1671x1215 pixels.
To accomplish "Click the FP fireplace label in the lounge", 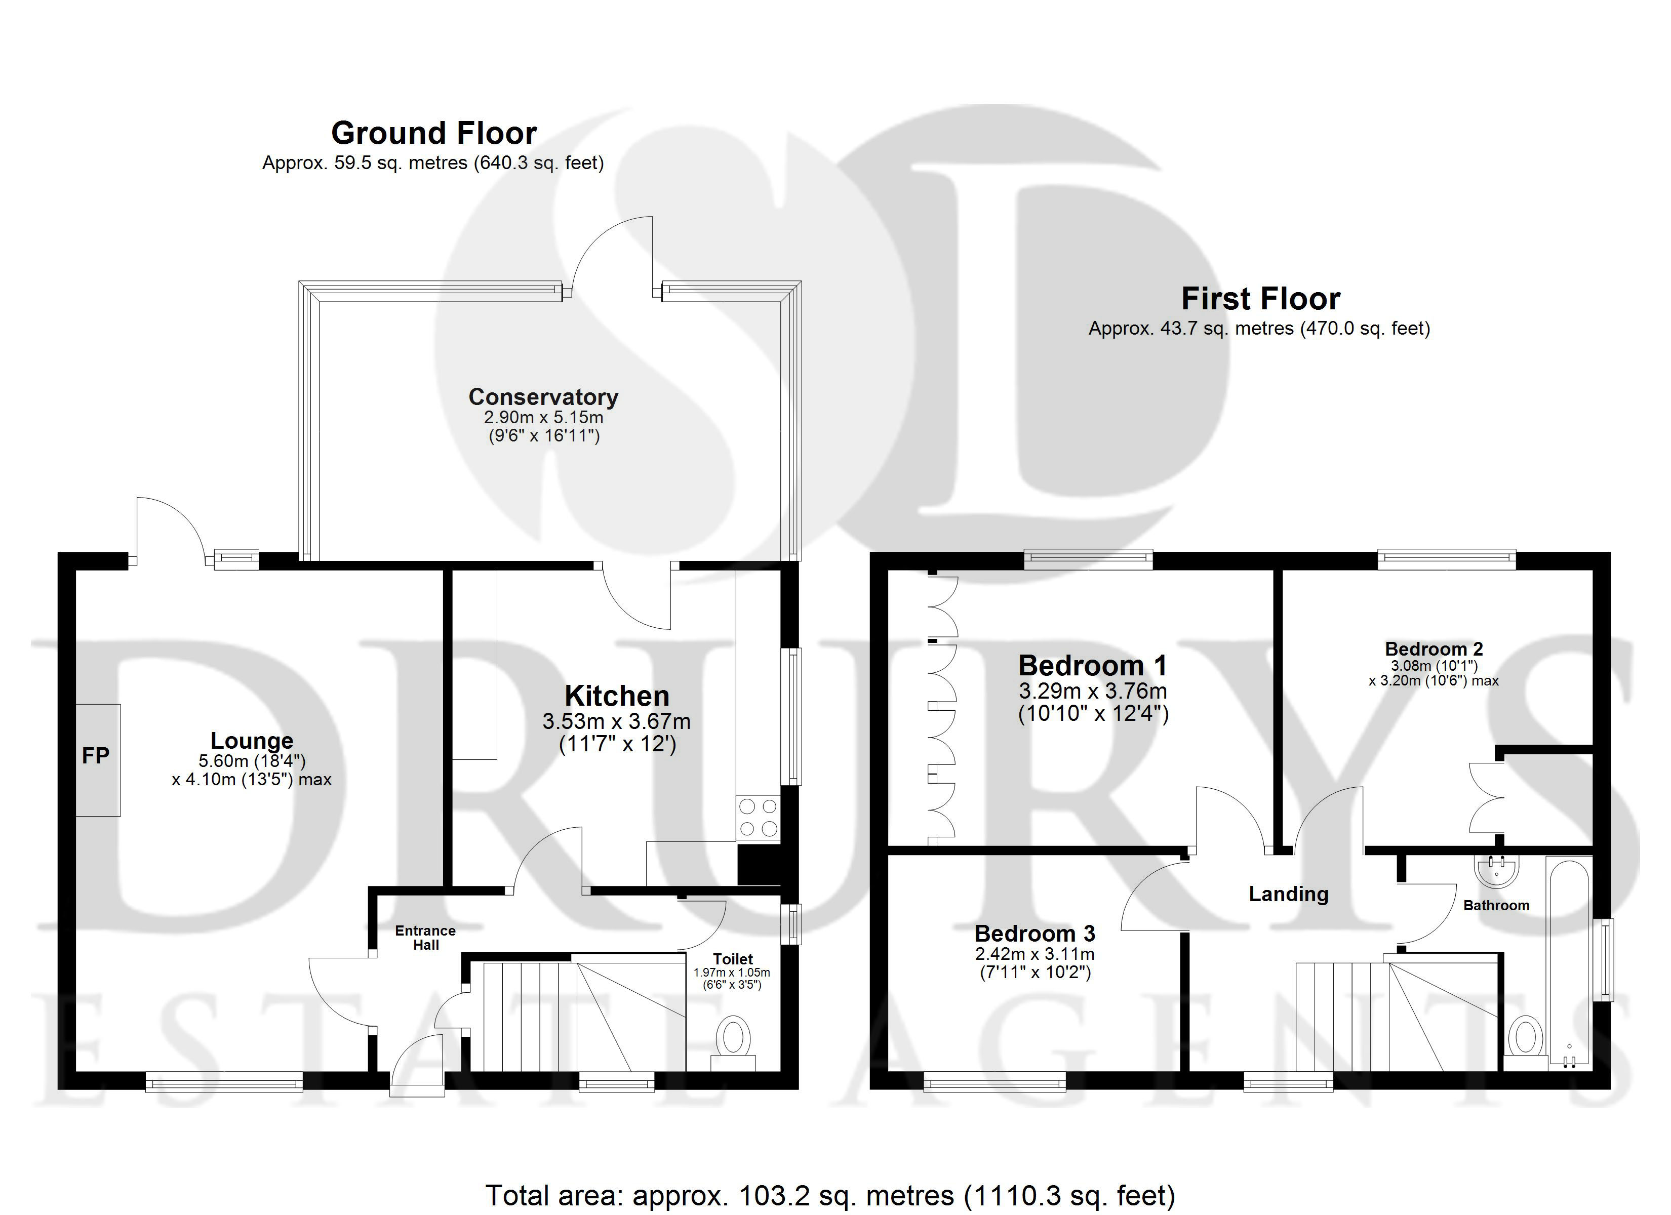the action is point(95,755).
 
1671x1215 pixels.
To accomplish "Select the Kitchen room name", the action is point(617,696).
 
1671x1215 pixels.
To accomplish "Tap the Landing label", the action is point(1289,894).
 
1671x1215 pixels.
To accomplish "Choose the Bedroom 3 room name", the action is point(1035,934).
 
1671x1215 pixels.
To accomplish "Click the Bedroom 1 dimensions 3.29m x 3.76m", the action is point(1093,691).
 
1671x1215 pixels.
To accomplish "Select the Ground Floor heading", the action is point(434,133).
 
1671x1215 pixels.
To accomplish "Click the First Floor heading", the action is point(1261,298).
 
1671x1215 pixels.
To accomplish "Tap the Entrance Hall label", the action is point(425,938).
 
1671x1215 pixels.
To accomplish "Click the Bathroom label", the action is point(1496,906).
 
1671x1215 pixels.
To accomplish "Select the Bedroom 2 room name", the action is point(1434,649).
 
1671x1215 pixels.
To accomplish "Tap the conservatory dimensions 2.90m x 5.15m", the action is point(544,417).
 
